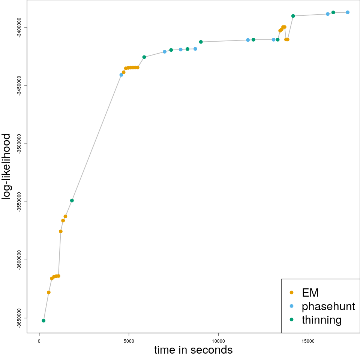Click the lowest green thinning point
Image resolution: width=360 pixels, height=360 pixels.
tap(43, 321)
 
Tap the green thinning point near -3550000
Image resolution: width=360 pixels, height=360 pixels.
tap(72, 200)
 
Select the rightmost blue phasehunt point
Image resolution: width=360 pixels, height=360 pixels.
tap(348, 12)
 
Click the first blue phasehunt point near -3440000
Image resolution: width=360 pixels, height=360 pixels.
tap(121, 75)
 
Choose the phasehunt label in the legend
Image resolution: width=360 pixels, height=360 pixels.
tap(328, 306)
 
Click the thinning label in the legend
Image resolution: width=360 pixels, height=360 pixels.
tap(322, 320)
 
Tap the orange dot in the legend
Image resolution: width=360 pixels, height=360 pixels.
tap(292, 292)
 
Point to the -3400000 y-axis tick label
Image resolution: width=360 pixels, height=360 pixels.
tap(19, 27)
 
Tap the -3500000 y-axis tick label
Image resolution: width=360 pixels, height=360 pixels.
tap(19, 144)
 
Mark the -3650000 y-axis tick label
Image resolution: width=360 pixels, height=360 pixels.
tap(19, 318)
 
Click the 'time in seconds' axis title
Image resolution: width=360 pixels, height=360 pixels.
tap(193, 350)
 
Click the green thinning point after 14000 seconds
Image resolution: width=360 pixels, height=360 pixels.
tap(293, 16)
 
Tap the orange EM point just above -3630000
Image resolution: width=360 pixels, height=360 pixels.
tap(49, 292)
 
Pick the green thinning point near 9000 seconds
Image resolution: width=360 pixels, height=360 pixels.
tap(201, 42)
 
